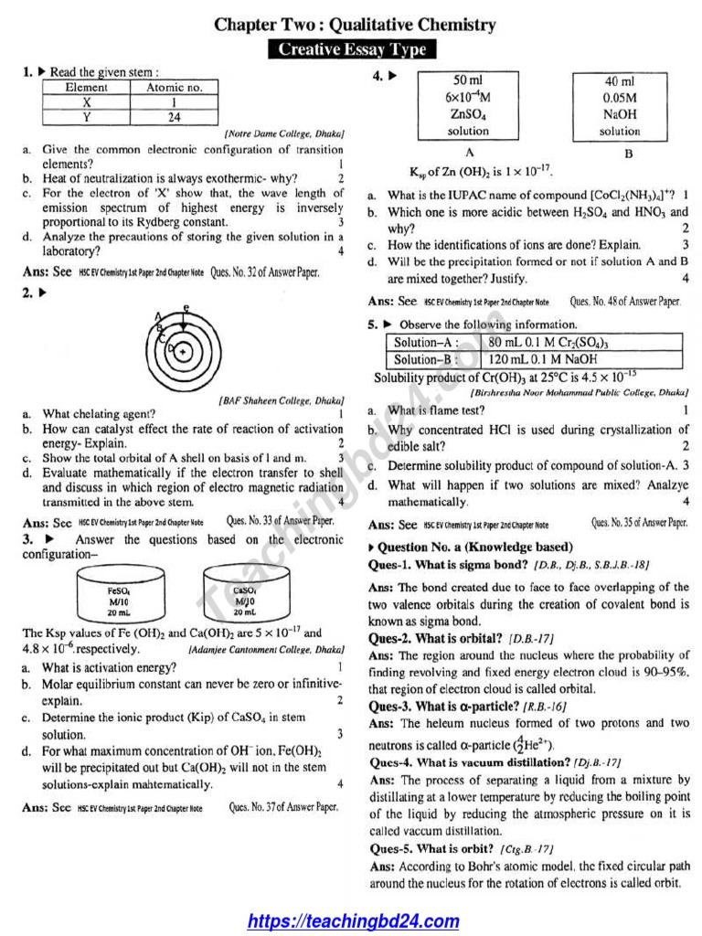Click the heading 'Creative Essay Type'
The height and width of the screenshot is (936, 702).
[352, 49]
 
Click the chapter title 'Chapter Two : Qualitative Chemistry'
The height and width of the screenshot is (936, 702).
[355, 25]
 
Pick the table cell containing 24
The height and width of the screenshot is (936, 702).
[175, 117]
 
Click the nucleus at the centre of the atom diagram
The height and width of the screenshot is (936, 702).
[184, 351]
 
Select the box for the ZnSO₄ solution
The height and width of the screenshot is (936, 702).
[468, 106]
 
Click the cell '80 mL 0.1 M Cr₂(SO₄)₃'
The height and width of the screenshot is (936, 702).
[581, 342]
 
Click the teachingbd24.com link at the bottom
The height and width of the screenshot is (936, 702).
[354, 920]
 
